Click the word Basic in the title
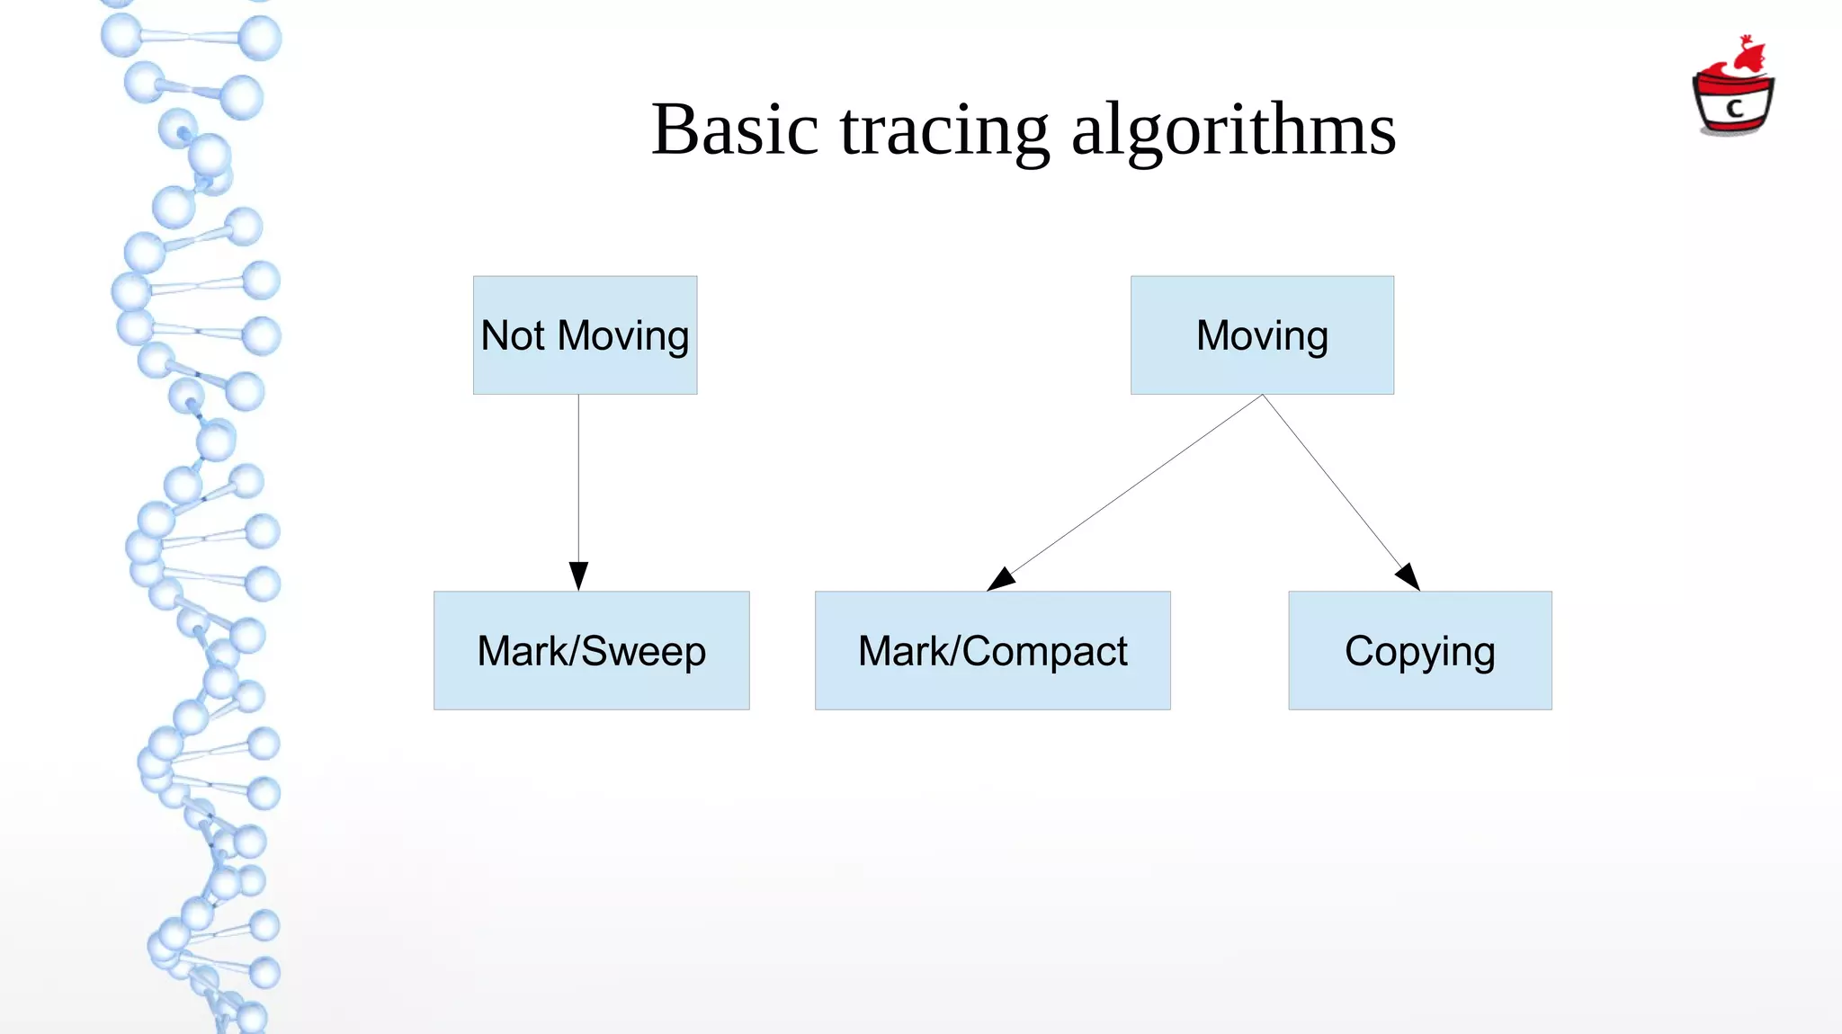734,130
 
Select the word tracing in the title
944,130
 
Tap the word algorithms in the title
1233,130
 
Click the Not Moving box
585,335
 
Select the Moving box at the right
1262,335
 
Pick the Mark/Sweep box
591,651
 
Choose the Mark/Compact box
992,651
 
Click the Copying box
1419,651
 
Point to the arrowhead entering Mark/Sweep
578,575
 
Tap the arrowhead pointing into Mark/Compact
1001,579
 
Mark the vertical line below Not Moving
578,477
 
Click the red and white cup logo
1733,99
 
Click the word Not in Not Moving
513,335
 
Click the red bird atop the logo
1749,56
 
